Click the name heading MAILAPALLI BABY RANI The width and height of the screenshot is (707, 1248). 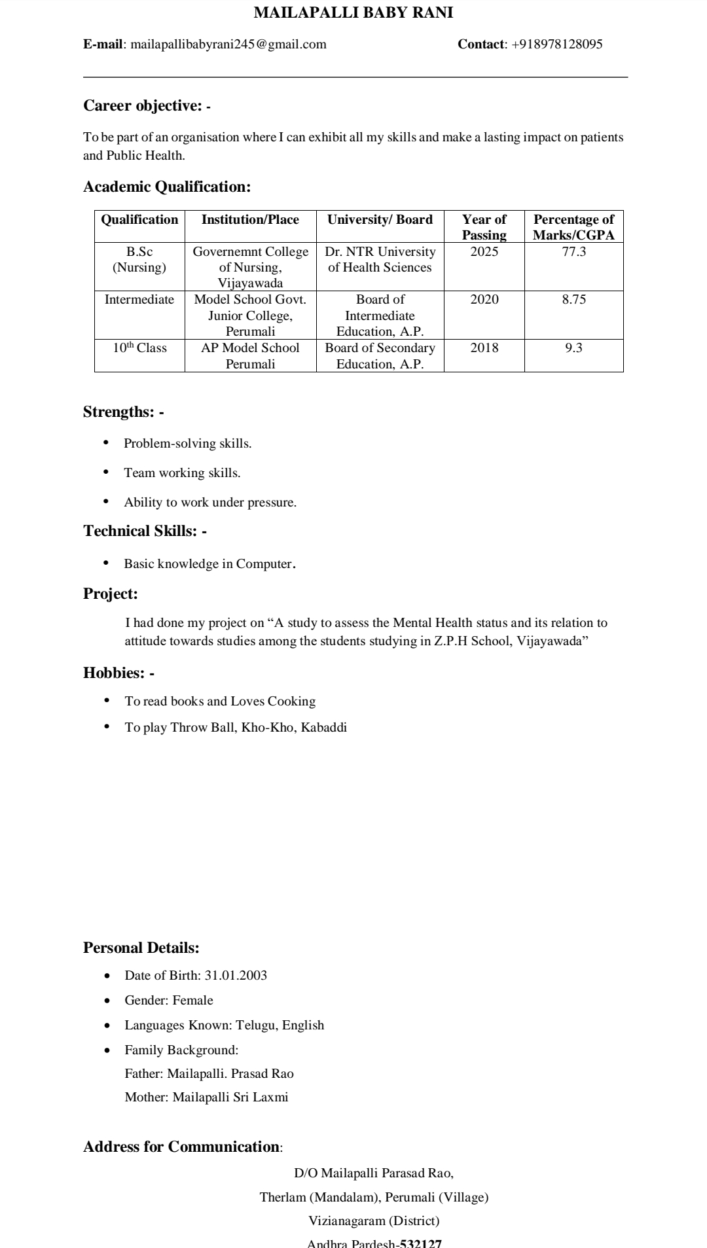pos(353,12)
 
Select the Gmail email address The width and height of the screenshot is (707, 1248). pos(228,45)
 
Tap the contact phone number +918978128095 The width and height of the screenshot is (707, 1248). pos(556,45)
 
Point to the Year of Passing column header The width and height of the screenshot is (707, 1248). pos(484,227)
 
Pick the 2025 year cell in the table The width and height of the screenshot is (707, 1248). pos(484,252)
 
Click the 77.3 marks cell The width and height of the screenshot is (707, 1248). pos(573,252)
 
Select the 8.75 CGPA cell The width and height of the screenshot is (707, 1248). pos(573,300)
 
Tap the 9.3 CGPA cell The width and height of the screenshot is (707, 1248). pos(573,348)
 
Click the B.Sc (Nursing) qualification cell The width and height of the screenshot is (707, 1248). pos(139,259)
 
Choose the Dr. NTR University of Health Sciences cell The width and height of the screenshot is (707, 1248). pos(380,259)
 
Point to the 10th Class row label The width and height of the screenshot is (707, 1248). pos(139,348)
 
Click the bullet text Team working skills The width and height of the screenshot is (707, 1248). pos(182,473)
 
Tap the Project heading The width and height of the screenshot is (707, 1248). pos(111,594)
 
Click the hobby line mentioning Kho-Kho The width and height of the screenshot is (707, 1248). pos(236,728)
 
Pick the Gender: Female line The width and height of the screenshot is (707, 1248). pos(169,1001)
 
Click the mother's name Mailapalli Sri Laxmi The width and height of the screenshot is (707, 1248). pos(230,1097)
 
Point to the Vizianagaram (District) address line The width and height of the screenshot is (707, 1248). pos(374,1221)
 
